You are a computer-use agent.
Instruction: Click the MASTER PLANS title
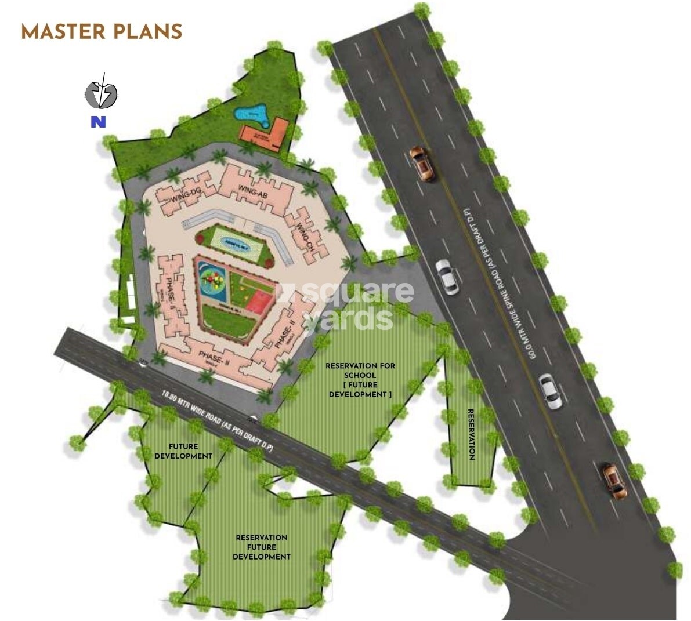tap(102, 31)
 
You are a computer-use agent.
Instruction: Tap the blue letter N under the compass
tap(98, 122)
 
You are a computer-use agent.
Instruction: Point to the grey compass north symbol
tap(102, 92)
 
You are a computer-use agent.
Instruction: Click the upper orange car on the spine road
tap(422, 164)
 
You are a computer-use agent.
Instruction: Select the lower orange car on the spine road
tap(614, 481)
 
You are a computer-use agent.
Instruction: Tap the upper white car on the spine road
tap(446, 276)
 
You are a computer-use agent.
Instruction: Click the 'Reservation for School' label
tap(360, 380)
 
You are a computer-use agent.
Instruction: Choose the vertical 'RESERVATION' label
tap(472, 434)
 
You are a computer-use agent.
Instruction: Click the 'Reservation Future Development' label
tap(262, 547)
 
